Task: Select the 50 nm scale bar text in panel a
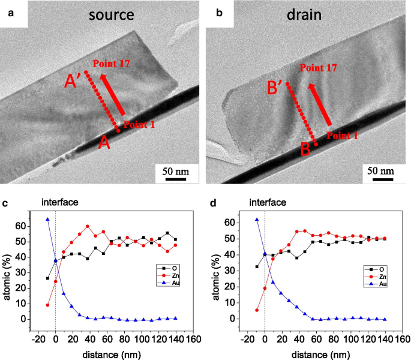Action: tap(175, 172)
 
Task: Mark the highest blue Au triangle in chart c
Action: tap(47, 220)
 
